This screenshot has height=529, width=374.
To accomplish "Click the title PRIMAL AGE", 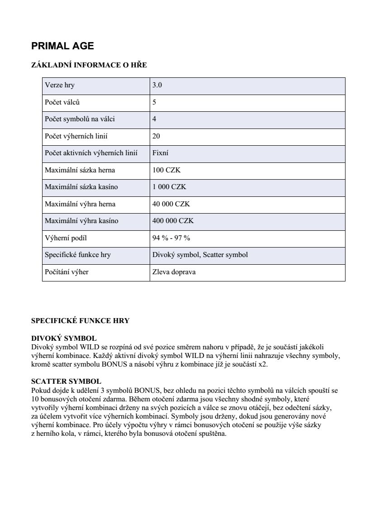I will (x=62, y=46).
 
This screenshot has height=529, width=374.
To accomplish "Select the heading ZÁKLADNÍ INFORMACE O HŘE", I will (x=89, y=65).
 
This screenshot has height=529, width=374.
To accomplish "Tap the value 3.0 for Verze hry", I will (x=157, y=85).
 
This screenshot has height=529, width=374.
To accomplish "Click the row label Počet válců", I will (x=62, y=102).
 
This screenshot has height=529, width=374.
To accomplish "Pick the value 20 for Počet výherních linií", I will (x=156, y=136).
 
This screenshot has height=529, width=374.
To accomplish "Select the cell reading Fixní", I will (x=161, y=153).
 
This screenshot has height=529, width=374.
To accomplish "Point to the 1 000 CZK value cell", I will (x=169, y=187).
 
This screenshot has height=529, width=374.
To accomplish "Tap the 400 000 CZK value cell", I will (x=173, y=221).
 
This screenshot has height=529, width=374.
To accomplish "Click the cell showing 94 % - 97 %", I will (x=171, y=238).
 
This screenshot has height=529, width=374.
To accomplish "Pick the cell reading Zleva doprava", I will (x=174, y=272).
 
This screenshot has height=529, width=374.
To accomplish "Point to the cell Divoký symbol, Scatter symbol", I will (x=200, y=255).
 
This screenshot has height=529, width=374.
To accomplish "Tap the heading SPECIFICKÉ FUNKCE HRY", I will (x=80, y=321).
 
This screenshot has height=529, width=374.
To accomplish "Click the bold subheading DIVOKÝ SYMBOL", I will (x=64, y=338).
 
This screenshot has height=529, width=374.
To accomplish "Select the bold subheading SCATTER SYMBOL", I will (x=66, y=381).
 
